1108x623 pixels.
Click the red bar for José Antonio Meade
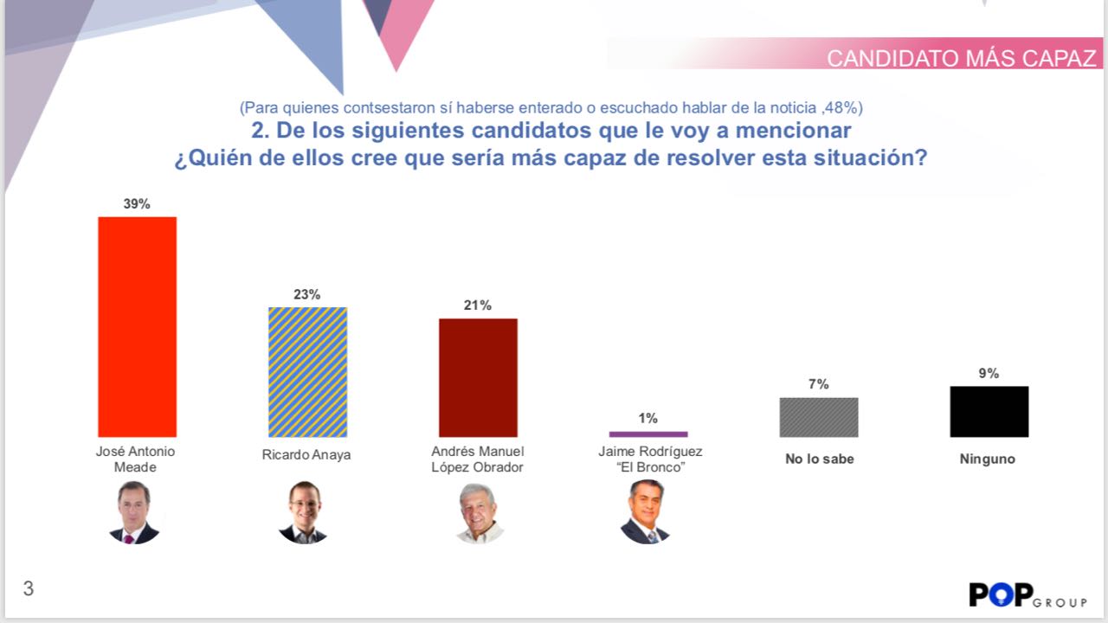click(137, 326)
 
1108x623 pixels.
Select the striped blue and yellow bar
click(307, 372)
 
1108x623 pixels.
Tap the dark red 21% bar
click(478, 377)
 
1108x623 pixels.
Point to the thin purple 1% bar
click(648, 434)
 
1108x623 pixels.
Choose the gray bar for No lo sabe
click(819, 417)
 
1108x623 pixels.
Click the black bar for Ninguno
click(989, 411)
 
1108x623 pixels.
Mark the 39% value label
click(137, 204)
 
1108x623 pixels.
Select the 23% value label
click(307, 294)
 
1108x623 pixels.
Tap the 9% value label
click(989, 373)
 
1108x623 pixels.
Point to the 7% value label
click(819, 384)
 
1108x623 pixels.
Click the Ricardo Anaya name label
click(306, 454)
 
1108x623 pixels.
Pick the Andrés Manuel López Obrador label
click(478, 459)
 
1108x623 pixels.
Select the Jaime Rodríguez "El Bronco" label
click(648, 459)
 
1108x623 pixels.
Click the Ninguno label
click(987, 459)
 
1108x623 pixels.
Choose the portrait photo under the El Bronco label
click(645, 512)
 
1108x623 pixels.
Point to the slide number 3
click(29, 589)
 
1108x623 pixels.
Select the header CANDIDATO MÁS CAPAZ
click(961, 58)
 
